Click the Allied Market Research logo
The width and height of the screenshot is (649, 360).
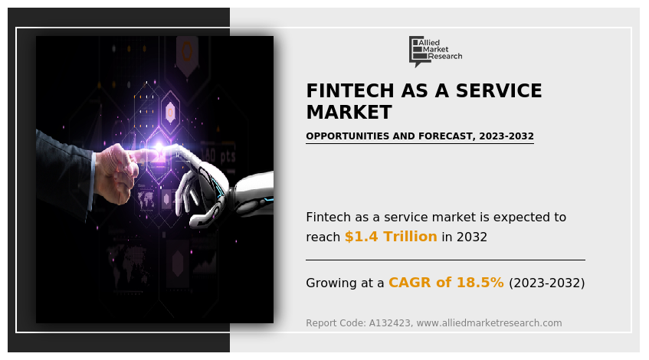click(x=435, y=51)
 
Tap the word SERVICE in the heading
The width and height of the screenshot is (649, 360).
click(x=499, y=90)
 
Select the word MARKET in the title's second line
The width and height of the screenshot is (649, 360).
click(x=349, y=112)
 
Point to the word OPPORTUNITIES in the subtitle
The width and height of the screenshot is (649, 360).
click(x=348, y=136)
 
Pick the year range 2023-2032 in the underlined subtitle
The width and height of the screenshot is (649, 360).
click(x=506, y=136)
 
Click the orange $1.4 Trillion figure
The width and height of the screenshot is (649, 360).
click(x=391, y=236)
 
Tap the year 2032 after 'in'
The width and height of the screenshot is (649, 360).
click(x=472, y=237)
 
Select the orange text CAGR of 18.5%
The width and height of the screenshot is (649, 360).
click(x=446, y=282)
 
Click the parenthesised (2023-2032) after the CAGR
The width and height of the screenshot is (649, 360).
click(x=547, y=283)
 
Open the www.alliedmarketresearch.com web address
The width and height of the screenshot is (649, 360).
click(x=489, y=323)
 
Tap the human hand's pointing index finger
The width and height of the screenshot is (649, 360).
click(x=141, y=155)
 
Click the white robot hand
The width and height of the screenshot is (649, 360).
click(x=215, y=186)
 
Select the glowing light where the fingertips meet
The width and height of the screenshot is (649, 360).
click(x=159, y=147)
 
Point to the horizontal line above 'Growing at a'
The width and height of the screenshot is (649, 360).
click(x=445, y=260)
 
